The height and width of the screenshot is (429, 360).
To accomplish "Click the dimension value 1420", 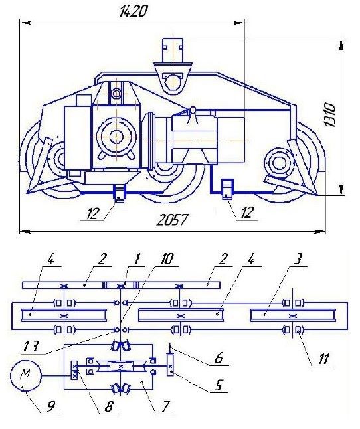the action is tap(134, 11).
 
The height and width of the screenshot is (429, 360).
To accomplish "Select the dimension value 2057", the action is tap(172, 220).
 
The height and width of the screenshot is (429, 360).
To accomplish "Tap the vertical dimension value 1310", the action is tap(329, 115).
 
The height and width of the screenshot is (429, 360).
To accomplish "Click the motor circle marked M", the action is tap(26, 376).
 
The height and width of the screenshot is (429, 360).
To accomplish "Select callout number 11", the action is tap(323, 358).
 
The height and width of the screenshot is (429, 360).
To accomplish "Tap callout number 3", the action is tap(298, 259).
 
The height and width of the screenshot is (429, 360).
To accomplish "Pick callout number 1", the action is tap(137, 258).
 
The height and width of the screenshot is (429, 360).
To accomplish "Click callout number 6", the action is tap(219, 358).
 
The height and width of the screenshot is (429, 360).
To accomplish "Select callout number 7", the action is tap(165, 406).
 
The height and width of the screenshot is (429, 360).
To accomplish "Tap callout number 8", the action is tap(108, 406).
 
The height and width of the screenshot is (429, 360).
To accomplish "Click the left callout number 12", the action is tap(92, 213).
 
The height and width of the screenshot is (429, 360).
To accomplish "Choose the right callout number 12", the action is tap(246, 212).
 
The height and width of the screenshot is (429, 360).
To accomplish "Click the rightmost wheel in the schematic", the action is tap(293, 315).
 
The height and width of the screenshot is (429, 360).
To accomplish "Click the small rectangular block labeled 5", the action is tap(170, 365).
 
